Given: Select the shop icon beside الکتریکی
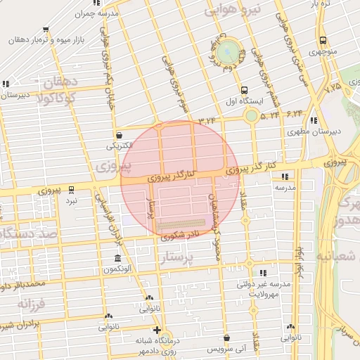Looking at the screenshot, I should click(x=119, y=134).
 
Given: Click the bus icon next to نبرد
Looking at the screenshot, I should click(x=71, y=189).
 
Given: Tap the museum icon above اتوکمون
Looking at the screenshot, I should click(x=117, y=258).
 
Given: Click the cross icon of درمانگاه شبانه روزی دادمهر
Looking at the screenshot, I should click(x=157, y=330).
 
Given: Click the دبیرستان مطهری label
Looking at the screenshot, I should click(x=312, y=131).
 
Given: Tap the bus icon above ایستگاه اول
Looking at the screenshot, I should click(x=244, y=90).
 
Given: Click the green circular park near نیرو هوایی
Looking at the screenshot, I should click(x=226, y=53).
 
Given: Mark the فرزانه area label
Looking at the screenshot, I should click(x=31, y=303).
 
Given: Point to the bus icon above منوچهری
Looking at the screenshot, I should click(x=323, y=40).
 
